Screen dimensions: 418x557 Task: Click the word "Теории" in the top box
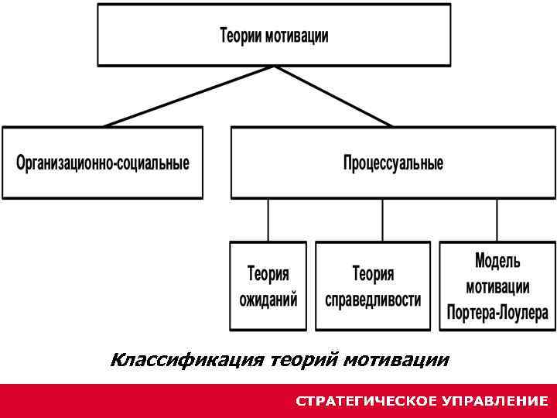241,36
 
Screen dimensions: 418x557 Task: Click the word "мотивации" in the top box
297,36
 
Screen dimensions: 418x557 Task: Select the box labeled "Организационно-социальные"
102,163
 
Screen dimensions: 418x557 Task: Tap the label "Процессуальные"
393,163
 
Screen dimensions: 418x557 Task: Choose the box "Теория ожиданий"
268,286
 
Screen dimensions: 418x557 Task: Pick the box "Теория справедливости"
373,286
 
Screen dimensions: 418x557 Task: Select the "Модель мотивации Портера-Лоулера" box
497,286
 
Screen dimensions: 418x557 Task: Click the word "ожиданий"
268,300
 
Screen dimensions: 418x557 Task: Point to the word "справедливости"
373,300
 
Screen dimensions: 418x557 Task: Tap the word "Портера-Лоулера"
497,313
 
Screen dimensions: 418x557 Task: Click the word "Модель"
497,261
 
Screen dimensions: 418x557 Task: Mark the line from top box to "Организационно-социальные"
190,96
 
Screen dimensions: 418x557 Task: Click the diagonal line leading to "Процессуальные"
333,96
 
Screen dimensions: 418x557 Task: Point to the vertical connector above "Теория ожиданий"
268,220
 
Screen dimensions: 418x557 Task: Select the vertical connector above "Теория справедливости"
382,220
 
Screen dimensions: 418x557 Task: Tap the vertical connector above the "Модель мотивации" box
497,220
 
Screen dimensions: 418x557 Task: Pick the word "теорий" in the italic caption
302,361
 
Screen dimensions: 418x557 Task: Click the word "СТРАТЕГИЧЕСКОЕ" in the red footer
365,401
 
